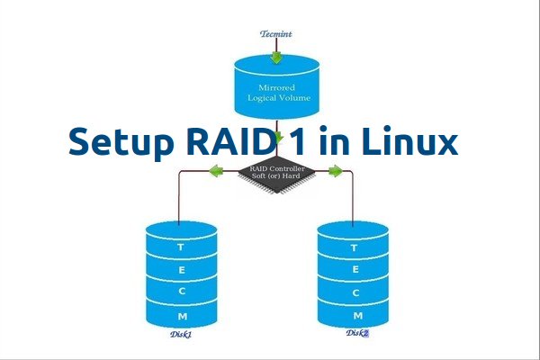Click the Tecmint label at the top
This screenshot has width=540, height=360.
(x=276, y=33)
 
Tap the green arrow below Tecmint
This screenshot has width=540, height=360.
(x=276, y=57)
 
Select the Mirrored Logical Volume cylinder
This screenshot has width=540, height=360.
(x=277, y=90)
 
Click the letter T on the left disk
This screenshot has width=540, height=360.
(x=182, y=246)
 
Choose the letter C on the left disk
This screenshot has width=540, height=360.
(x=182, y=292)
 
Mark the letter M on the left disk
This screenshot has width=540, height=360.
(x=182, y=317)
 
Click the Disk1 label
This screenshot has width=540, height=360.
(x=182, y=334)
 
